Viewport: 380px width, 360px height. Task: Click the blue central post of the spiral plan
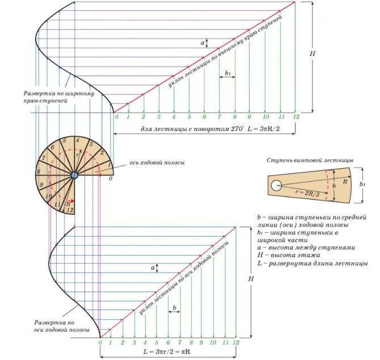click(x=74, y=175)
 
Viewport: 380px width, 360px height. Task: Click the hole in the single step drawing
click(x=276, y=186)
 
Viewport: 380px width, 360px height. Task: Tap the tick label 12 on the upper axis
click(x=296, y=116)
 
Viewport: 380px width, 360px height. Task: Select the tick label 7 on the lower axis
click(x=180, y=342)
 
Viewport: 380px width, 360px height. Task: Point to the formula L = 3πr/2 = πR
click(x=167, y=351)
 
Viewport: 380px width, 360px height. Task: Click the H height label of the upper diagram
click(x=313, y=53)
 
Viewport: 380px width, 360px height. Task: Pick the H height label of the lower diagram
click(x=251, y=279)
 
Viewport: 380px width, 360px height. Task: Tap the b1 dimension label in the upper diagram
click(x=227, y=73)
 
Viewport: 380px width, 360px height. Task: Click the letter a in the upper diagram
click(x=202, y=43)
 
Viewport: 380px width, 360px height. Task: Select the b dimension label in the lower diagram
click(x=175, y=308)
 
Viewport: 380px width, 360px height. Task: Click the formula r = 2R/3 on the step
click(x=307, y=193)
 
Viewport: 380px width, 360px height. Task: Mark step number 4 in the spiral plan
click(x=77, y=140)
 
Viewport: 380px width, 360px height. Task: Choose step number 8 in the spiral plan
click(x=39, y=172)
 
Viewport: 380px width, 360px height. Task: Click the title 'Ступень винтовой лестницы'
click(x=310, y=160)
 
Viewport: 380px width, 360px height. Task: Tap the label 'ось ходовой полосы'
click(x=157, y=162)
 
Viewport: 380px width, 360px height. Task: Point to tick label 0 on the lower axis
click(x=100, y=342)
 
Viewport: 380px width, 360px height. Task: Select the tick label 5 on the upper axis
click(x=189, y=116)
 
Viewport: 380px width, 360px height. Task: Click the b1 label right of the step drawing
click(x=362, y=185)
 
